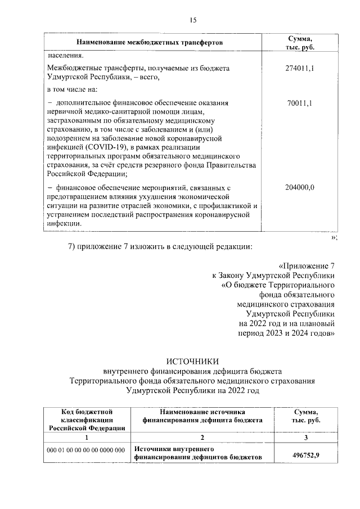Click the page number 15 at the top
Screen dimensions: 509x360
point(193,20)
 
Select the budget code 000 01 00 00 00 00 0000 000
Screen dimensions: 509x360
point(86,450)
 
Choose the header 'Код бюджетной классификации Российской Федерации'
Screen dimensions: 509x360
point(86,420)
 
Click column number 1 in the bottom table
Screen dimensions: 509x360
point(86,437)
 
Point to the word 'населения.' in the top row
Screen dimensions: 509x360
point(65,56)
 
